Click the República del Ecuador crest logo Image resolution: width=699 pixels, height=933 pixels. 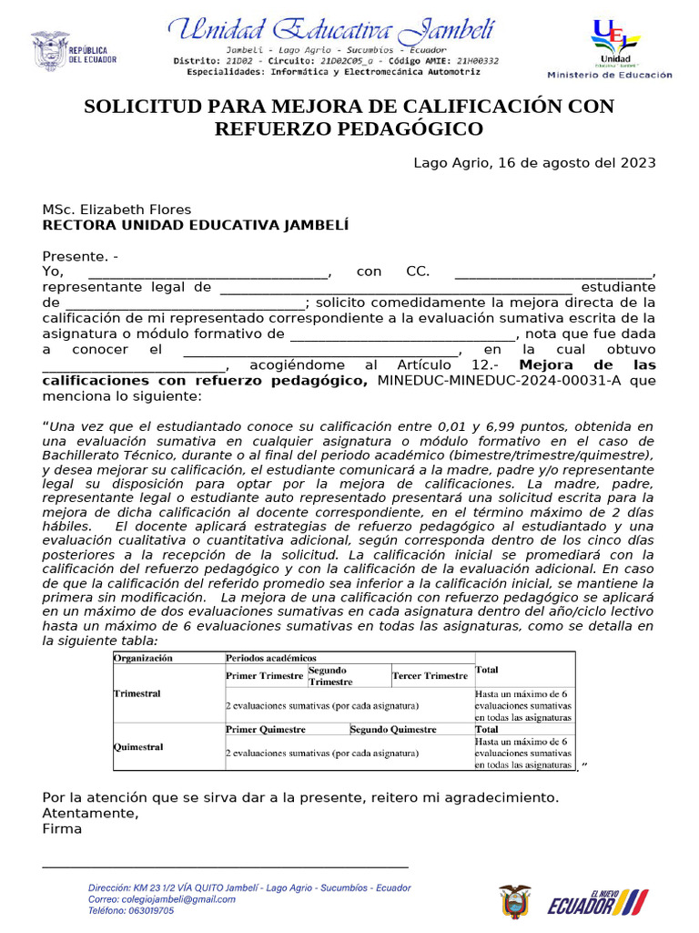pyautogui.click(x=51, y=51)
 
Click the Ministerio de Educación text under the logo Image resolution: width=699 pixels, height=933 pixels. pyautogui.click(x=610, y=75)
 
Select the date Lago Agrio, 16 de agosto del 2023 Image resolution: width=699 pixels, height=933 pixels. pyautogui.click(x=534, y=163)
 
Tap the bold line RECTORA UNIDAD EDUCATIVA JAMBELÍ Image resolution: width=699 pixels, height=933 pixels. pyautogui.click(x=195, y=224)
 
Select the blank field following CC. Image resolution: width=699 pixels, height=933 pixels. pyautogui.click(x=553, y=272)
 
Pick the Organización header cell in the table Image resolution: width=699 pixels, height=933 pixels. pyautogui.click(x=143, y=657)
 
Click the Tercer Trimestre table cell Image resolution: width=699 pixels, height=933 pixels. pyautogui.click(x=430, y=676)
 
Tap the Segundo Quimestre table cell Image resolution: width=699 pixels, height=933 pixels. pyautogui.click(x=392, y=729)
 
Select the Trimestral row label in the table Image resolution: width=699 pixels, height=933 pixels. pyautogui.click(x=137, y=693)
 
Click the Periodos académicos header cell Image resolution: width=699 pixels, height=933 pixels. pyautogui.click(x=271, y=657)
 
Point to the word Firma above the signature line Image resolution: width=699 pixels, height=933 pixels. pyautogui.click(x=62, y=829)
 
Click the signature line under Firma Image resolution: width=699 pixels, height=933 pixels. pyautogui.click(x=225, y=867)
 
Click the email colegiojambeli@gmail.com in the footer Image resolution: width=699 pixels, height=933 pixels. pyautogui.click(x=161, y=898)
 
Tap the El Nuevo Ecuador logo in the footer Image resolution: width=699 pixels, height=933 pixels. pyautogui.click(x=596, y=903)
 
